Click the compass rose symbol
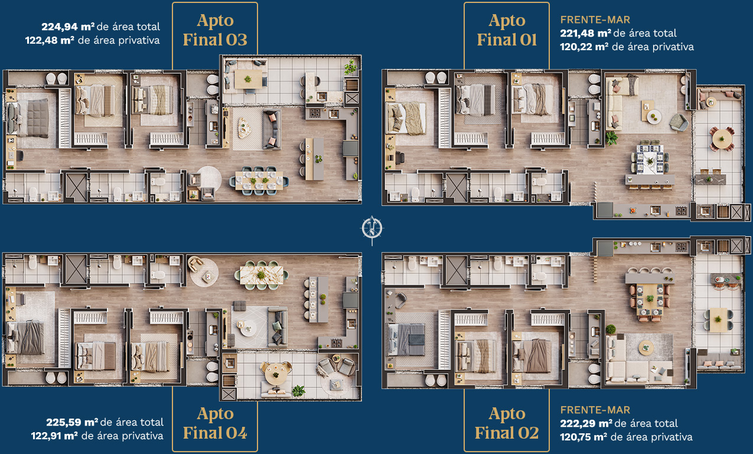coord(372,229)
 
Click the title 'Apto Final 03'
coord(215,30)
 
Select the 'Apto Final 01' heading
coord(507,30)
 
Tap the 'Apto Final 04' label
coord(215,423)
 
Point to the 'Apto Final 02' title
coord(507,423)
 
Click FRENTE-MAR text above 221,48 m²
coord(595,20)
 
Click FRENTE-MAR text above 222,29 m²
coord(595,410)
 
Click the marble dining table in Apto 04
coord(262,275)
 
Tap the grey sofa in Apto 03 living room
coord(271,130)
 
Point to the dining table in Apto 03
coord(259,181)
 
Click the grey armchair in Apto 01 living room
coord(679,122)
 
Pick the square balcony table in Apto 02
coord(718,320)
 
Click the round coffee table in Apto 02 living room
coord(646,348)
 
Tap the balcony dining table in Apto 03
coord(248,79)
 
